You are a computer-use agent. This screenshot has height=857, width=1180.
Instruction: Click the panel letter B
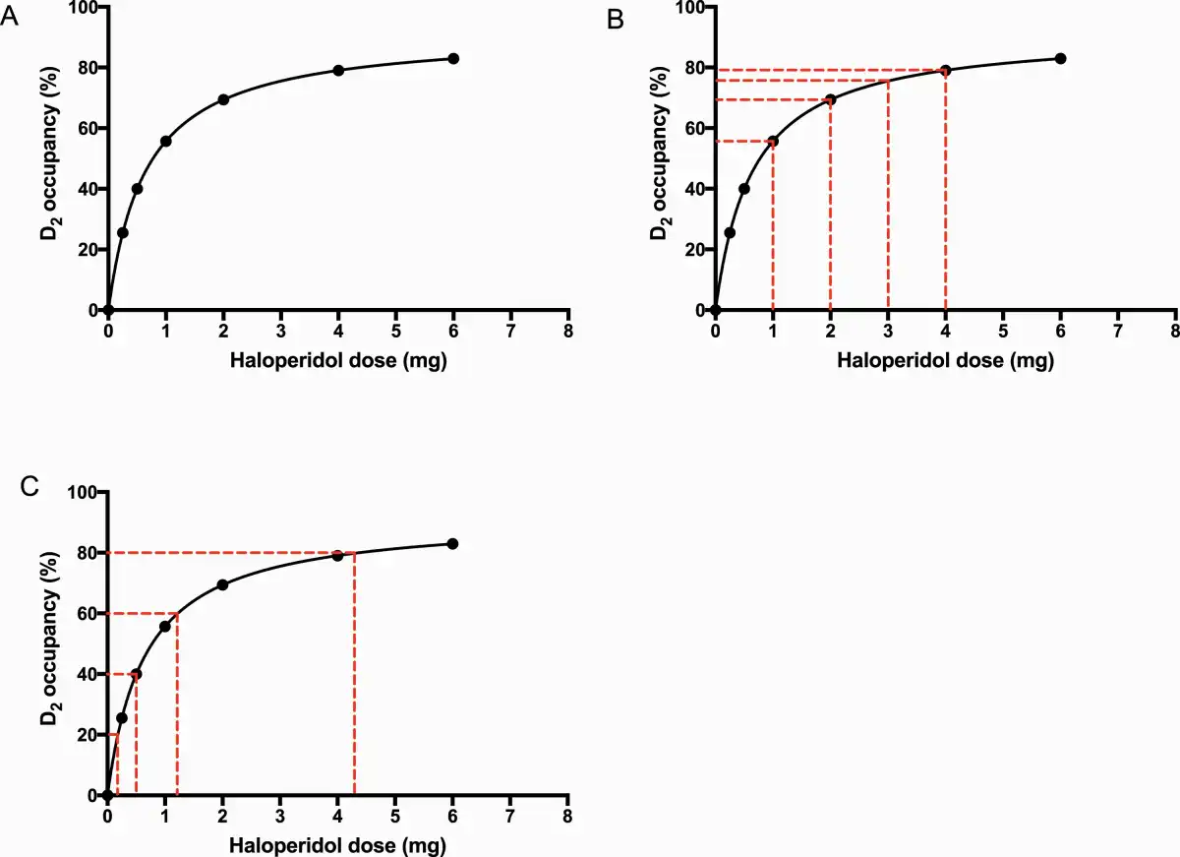click(617, 19)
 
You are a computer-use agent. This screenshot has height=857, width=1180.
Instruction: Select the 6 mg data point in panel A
click(453, 58)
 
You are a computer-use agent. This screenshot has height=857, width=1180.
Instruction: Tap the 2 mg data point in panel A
click(223, 99)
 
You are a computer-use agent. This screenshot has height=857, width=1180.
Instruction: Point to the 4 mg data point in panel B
click(946, 70)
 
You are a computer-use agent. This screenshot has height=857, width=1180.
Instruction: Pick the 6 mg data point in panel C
click(453, 544)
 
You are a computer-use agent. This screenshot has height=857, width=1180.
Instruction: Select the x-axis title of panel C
click(338, 845)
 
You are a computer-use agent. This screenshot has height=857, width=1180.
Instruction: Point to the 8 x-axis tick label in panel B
click(1176, 330)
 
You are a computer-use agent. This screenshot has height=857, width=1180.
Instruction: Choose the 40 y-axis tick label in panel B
click(696, 189)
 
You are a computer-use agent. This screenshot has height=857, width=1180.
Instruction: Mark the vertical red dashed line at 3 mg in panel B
click(888, 197)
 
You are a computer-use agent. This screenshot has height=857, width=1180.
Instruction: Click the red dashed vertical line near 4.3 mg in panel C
click(354, 679)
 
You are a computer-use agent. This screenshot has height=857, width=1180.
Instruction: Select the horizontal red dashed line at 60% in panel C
click(143, 613)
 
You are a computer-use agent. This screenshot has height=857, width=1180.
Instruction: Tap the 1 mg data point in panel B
click(773, 141)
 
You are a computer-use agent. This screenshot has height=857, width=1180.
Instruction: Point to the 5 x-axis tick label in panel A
click(395, 330)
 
